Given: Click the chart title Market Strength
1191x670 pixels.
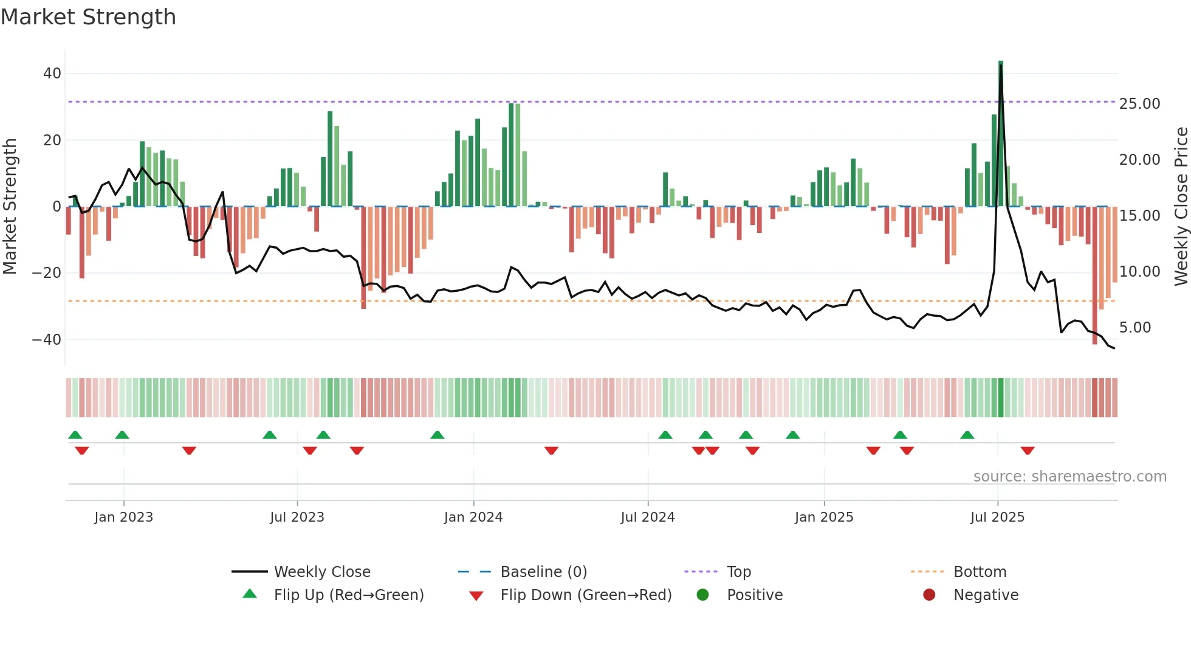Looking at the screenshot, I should (88, 17).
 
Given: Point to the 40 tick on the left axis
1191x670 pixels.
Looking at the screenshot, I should (52, 74).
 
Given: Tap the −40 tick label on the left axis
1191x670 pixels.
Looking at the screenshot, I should (47, 339).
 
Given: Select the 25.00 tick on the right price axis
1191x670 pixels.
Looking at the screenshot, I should (1139, 104).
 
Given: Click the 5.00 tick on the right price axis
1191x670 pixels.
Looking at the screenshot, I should (1135, 328).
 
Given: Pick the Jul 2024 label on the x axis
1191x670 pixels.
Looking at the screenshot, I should (647, 517).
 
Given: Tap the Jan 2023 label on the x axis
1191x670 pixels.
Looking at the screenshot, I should (123, 517).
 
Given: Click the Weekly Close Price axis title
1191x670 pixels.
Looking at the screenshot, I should (1181, 207).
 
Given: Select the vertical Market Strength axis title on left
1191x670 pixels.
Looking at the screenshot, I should (10, 207).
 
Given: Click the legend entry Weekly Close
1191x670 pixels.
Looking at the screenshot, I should (321, 572).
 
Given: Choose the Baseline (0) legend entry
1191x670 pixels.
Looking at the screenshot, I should (543, 572).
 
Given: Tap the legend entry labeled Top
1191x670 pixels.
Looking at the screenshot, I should (738, 572).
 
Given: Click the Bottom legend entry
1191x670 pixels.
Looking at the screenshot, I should (980, 572).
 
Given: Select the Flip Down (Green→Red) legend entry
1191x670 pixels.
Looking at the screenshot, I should (585, 595).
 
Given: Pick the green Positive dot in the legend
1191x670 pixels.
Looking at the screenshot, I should (702, 595).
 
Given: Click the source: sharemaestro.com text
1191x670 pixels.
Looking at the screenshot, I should (1069, 477).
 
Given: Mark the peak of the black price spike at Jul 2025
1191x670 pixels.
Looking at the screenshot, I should (1001, 66).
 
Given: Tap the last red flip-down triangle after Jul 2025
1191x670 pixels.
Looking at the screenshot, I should (1028, 451).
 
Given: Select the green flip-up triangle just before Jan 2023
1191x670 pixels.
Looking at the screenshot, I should (122, 435).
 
